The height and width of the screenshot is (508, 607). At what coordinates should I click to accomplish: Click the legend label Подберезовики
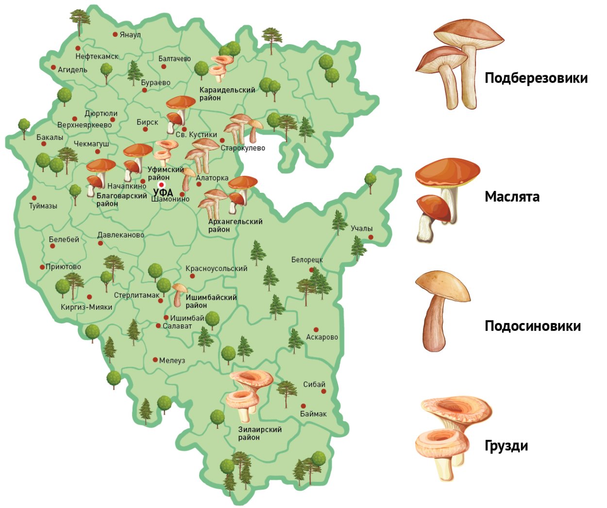point(536,78)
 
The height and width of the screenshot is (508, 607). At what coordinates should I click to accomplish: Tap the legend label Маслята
point(512,197)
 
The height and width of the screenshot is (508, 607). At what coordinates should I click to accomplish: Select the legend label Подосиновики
point(533,326)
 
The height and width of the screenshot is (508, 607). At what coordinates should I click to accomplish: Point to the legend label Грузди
point(506,446)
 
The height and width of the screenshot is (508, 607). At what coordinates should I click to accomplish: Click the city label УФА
point(163,193)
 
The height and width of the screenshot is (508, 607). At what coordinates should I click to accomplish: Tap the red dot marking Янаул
point(115,34)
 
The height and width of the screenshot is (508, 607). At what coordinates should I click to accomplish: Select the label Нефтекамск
point(97,56)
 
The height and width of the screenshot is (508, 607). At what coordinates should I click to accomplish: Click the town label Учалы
point(361,228)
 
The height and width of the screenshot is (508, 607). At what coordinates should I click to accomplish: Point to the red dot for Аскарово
point(316,330)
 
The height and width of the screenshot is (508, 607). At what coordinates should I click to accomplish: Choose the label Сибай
point(314,384)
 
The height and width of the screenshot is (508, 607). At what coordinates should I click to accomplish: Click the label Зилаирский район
point(260,433)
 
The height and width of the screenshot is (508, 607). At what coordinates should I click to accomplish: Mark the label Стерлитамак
point(136,295)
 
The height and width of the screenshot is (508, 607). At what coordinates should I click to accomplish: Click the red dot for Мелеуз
point(155,360)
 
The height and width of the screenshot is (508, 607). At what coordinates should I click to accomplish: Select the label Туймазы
point(43,206)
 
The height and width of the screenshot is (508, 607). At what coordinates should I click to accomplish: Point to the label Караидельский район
point(227,94)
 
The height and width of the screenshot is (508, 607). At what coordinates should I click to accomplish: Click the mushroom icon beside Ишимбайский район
point(179,294)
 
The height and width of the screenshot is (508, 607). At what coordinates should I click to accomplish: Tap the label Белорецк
point(307,260)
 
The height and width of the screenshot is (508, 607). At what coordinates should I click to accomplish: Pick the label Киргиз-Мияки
point(86,307)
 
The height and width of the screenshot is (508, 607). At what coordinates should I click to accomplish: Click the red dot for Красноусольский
point(192,276)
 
